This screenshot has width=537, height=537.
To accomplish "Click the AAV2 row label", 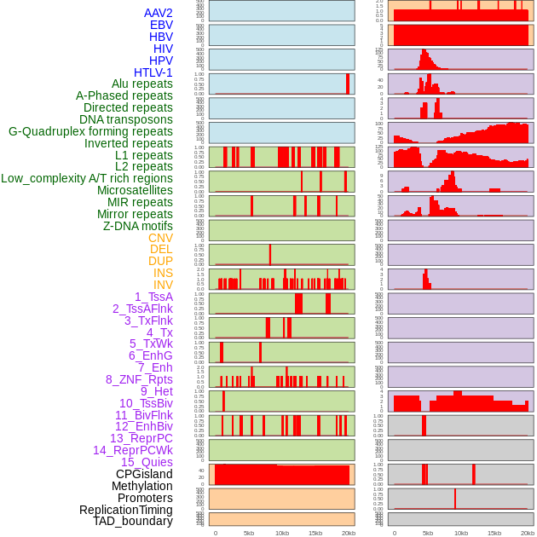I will point(158,13).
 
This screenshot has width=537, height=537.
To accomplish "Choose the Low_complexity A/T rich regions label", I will point(87,178).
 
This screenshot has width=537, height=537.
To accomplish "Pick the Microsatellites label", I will point(135,190).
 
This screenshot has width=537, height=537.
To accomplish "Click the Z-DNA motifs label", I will point(137,226).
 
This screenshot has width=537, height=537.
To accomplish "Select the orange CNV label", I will point(160,238).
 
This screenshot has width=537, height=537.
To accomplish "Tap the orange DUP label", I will point(160,261).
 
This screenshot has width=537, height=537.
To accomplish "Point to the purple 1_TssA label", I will point(153,297).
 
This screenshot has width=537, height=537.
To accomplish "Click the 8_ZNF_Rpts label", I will point(139,379).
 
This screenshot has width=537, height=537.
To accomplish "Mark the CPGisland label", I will point(144,474).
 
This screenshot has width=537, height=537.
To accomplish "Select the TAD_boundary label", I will point(132,521).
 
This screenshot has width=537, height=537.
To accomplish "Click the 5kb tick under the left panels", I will point(249,533).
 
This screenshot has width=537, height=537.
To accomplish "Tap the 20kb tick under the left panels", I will point(349,533).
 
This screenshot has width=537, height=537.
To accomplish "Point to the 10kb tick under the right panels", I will point(461,533).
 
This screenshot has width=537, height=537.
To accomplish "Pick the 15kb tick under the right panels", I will point(494,533).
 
